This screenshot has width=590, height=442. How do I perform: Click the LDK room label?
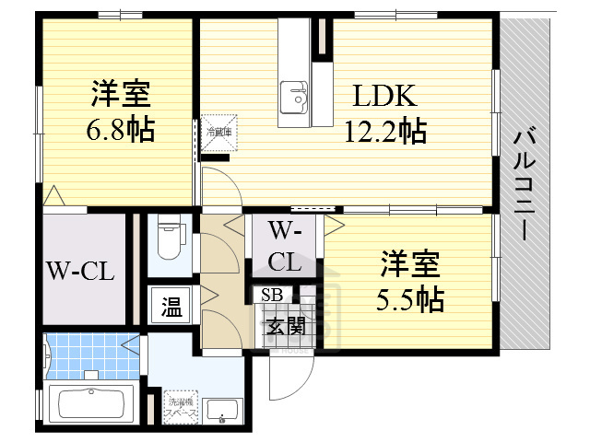tap(383, 95)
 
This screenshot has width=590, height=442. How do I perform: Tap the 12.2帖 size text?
tap(384, 130)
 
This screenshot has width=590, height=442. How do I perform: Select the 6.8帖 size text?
tap(120, 128)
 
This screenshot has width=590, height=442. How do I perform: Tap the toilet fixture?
tap(168, 238)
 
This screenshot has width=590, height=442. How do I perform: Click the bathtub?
tap(90, 405)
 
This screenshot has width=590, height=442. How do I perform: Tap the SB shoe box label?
tap(272, 296)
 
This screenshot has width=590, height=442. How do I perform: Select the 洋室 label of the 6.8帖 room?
tap(120, 94)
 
